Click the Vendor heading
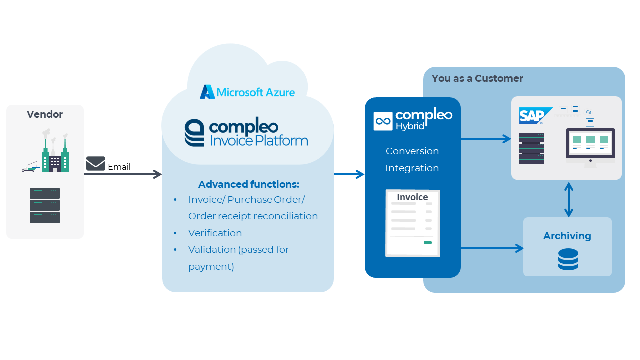point(45,114)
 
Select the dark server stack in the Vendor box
point(45,205)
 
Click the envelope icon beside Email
point(96,163)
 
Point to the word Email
point(119,167)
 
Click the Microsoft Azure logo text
point(255,92)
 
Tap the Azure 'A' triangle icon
point(207,92)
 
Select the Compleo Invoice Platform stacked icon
point(194,133)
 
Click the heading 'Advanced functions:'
point(249,184)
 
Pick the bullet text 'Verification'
point(215,233)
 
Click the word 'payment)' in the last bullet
point(211,267)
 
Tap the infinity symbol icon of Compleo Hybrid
point(383,121)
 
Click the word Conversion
point(412,151)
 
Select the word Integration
point(412,168)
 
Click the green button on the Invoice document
point(427,243)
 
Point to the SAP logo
point(534,116)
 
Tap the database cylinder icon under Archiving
point(568,259)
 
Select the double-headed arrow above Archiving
point(569,199)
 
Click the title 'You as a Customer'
point(477,78)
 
